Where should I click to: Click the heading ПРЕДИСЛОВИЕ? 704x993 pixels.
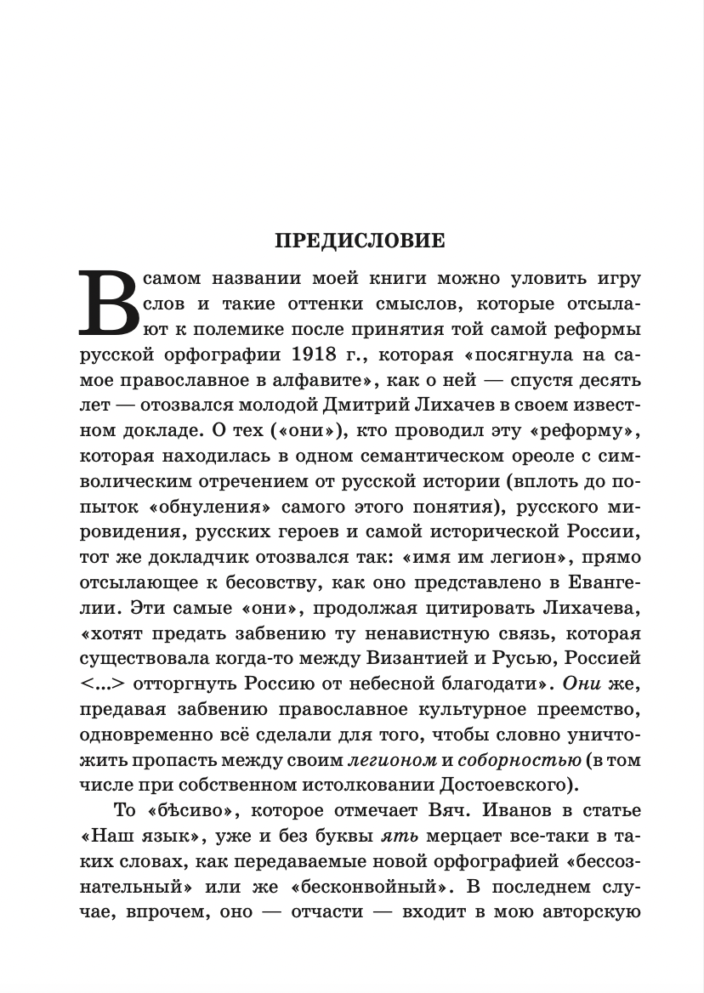[x=360, y=241]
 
